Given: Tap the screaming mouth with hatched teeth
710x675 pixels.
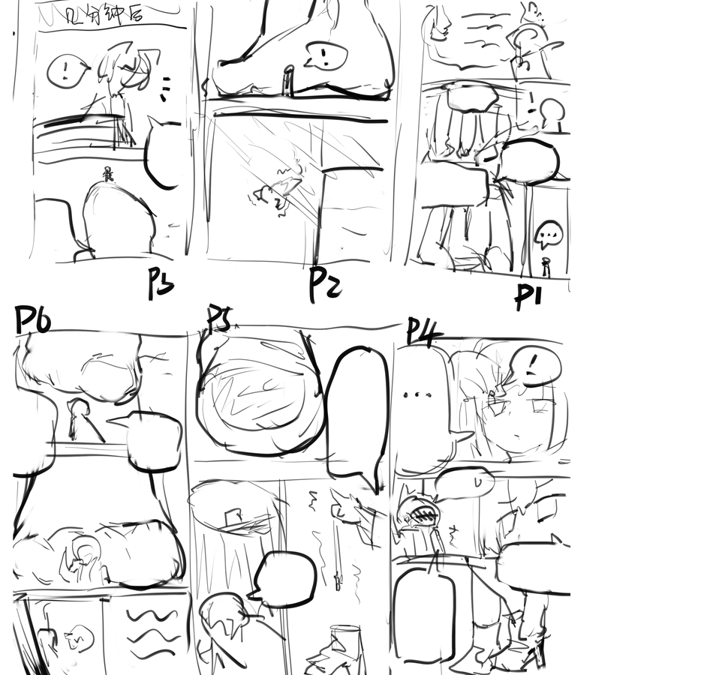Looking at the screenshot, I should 420,514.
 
